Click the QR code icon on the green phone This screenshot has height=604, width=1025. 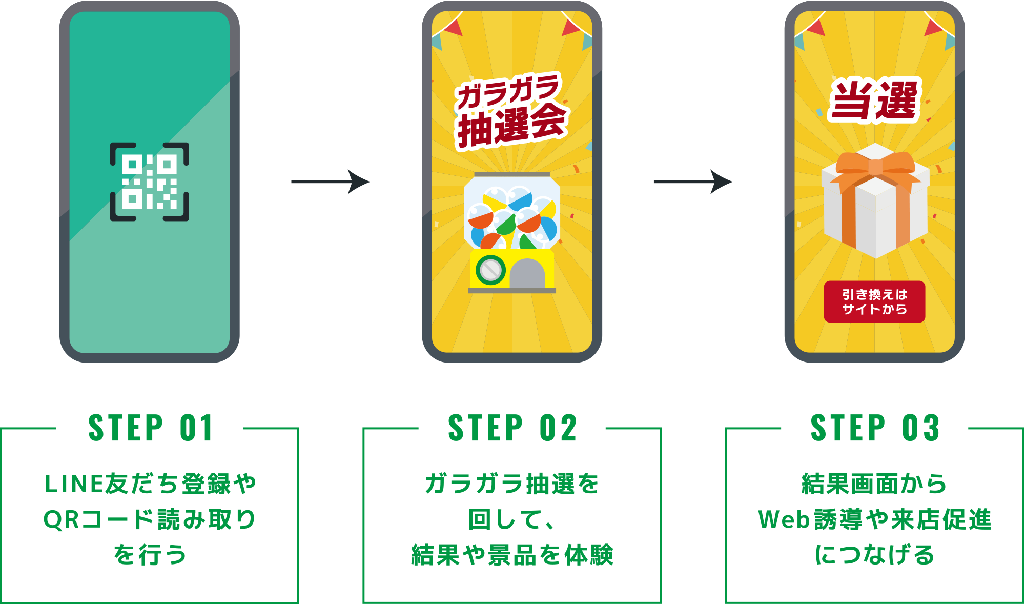point(150,182)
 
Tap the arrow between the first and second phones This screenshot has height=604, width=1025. point(331,182)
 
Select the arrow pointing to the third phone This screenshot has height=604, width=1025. point(693,182)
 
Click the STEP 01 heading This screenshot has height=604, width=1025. point(150,428)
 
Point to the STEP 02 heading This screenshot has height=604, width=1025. point(512,428)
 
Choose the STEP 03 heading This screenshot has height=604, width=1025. point(875,428)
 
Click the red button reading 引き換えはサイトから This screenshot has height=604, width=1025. point(874,301)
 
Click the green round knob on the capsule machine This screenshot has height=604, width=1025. point(490,269)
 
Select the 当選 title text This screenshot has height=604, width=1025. point(874,100)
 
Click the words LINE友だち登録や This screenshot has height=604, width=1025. point(150,484)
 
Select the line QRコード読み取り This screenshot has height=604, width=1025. point(150,519)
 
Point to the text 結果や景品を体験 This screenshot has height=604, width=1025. point(512,555)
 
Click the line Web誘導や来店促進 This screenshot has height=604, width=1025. point(874,519)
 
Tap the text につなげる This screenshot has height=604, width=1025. point(874,555)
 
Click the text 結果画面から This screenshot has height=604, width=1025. point(874,484)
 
